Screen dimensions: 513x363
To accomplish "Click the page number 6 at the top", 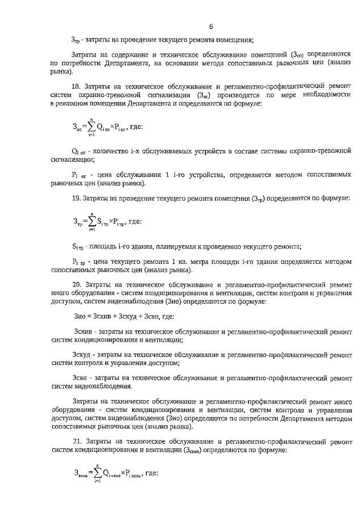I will pyautogui.click(x=210, y=26).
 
